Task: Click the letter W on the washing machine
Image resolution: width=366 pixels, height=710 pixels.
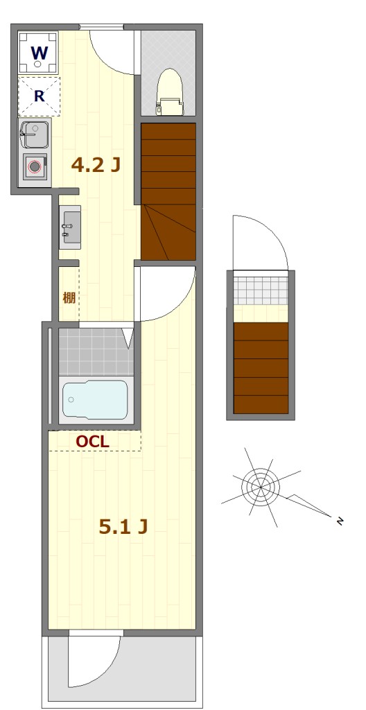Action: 39,53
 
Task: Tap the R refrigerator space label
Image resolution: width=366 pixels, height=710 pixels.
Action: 40,96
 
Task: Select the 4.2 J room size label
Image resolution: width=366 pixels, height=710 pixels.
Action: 96,165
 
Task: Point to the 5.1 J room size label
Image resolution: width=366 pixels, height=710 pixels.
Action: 123,526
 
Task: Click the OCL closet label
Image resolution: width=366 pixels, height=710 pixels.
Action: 92,442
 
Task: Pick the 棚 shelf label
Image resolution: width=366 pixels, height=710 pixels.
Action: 69,298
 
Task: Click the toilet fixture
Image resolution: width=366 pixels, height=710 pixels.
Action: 170,92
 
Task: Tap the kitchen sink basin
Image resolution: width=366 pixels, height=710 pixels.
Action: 35,135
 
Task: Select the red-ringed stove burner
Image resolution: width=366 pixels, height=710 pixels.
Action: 35,166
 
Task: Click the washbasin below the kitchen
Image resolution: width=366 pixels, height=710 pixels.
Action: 70,227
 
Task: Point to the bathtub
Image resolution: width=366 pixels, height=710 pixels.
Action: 95,399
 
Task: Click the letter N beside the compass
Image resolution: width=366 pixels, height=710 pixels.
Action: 339,521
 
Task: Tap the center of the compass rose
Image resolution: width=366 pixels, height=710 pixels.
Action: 261,487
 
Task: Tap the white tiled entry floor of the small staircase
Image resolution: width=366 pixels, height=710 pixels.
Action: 261,291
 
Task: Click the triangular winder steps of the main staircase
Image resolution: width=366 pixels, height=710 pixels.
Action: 168,232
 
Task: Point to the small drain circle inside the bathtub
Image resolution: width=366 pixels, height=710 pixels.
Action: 71,399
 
